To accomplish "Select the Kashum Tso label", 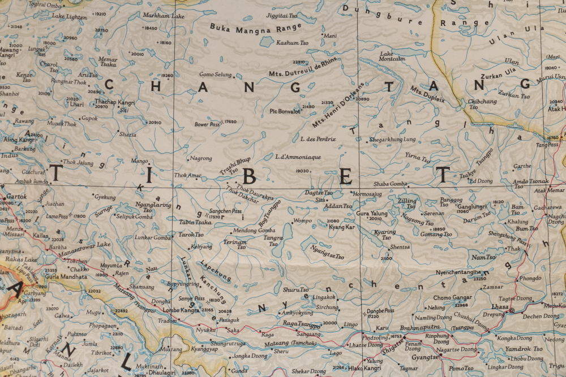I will click(291, 43).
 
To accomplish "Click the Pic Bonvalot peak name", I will click(285, 111).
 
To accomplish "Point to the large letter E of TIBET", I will click(345, 177).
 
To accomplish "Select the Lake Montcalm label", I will click(392, 56).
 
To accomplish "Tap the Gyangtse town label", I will click(426, 357).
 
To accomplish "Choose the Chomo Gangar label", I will click(452, 297).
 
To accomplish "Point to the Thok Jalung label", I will click(78, 163).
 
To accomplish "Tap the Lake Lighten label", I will click(69, 17).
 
